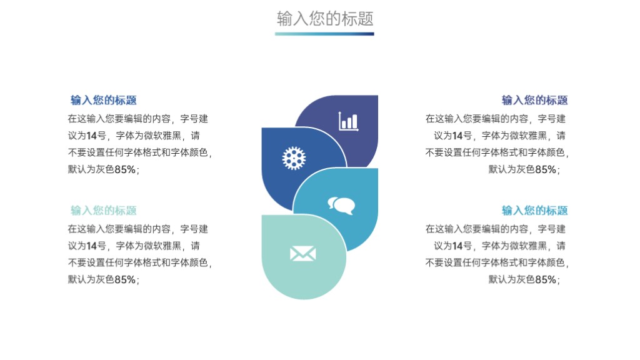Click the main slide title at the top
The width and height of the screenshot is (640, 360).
[325, 18]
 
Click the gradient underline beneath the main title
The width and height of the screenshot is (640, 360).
[324, 34]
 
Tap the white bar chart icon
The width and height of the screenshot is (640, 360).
[348, 121]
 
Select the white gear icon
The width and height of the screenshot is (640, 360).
[294, 158]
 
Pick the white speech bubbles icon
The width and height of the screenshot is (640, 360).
[341, 205]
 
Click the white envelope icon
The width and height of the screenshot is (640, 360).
[303, 254]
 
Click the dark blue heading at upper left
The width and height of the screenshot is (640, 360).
[104, 100]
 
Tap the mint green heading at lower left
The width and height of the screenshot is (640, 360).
[104, 210]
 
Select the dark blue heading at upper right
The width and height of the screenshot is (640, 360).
[535, 100]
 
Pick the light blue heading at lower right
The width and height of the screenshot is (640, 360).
[535, 210]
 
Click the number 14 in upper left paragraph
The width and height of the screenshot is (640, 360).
[92, 136]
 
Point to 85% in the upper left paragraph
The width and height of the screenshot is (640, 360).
[125, 169]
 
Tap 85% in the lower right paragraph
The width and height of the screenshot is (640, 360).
[546, 279]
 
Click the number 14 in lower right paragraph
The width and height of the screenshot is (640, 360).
[457, 246]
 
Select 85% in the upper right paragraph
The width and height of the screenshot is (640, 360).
[546, 169]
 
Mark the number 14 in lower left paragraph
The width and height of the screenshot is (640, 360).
[92, 246]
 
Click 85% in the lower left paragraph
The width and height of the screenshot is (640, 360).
[125, 279]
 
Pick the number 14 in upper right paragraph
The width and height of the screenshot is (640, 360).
[457, 136]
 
